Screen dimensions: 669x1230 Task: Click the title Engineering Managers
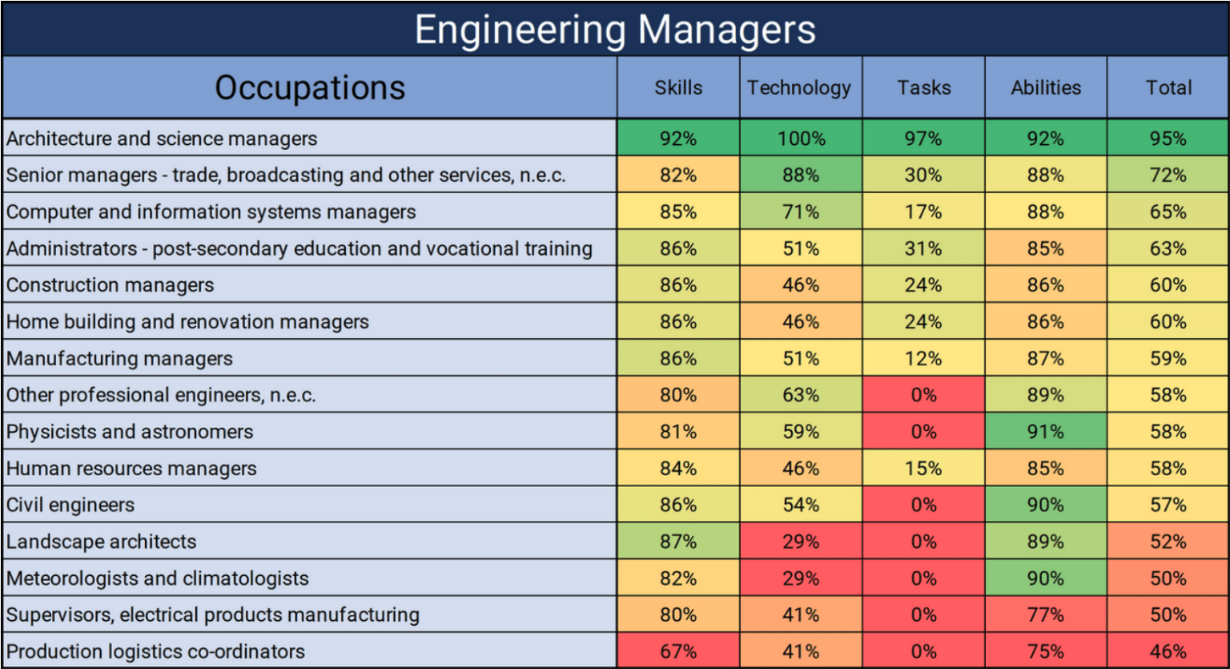click(x=615, y=30)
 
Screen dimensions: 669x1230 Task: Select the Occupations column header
click(x=310, y=87)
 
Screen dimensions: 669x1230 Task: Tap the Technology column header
click(x=800, y=87)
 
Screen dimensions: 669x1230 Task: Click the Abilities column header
click(x=1046, y=87)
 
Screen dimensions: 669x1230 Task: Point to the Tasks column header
click(x=923, y=87)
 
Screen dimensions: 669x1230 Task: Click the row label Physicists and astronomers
click(x=130, y=431)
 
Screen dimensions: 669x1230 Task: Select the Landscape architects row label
click(x=102, y=542)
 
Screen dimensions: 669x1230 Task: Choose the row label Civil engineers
click(x=70, y=505)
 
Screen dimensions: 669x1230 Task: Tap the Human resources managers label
click(x=131, y=468)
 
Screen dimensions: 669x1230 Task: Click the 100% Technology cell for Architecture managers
click(x=801, y=138)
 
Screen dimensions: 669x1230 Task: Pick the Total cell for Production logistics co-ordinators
click(x=1168, y=651)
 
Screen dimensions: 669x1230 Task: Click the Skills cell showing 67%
click(x=678, y=651)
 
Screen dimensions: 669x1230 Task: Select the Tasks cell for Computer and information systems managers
click(x=923, y=212)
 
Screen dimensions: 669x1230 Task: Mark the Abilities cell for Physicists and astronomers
click(x=1046, y=431)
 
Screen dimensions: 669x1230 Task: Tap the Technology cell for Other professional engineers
click(x=801, y=395)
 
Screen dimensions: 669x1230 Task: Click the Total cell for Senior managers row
click(x=1168, y=175)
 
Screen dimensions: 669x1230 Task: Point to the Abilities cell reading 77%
click(x=1046, y=615)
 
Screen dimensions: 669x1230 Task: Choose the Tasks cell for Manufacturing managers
click(x=923, y=358)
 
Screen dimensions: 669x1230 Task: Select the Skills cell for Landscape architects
click(x=678, y=542)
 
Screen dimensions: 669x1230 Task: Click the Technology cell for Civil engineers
click(x=801, y=505)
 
